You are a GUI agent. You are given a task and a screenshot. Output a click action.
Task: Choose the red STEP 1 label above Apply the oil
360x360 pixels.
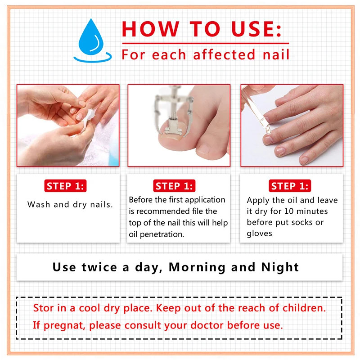tap(290, 186)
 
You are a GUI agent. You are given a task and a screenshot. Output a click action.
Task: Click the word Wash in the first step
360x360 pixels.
tap(38, 205)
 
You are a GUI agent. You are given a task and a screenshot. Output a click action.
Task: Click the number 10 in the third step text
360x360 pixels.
tap(295, 211)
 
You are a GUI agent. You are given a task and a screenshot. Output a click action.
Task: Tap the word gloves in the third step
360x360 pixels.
tap(260, 234)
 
